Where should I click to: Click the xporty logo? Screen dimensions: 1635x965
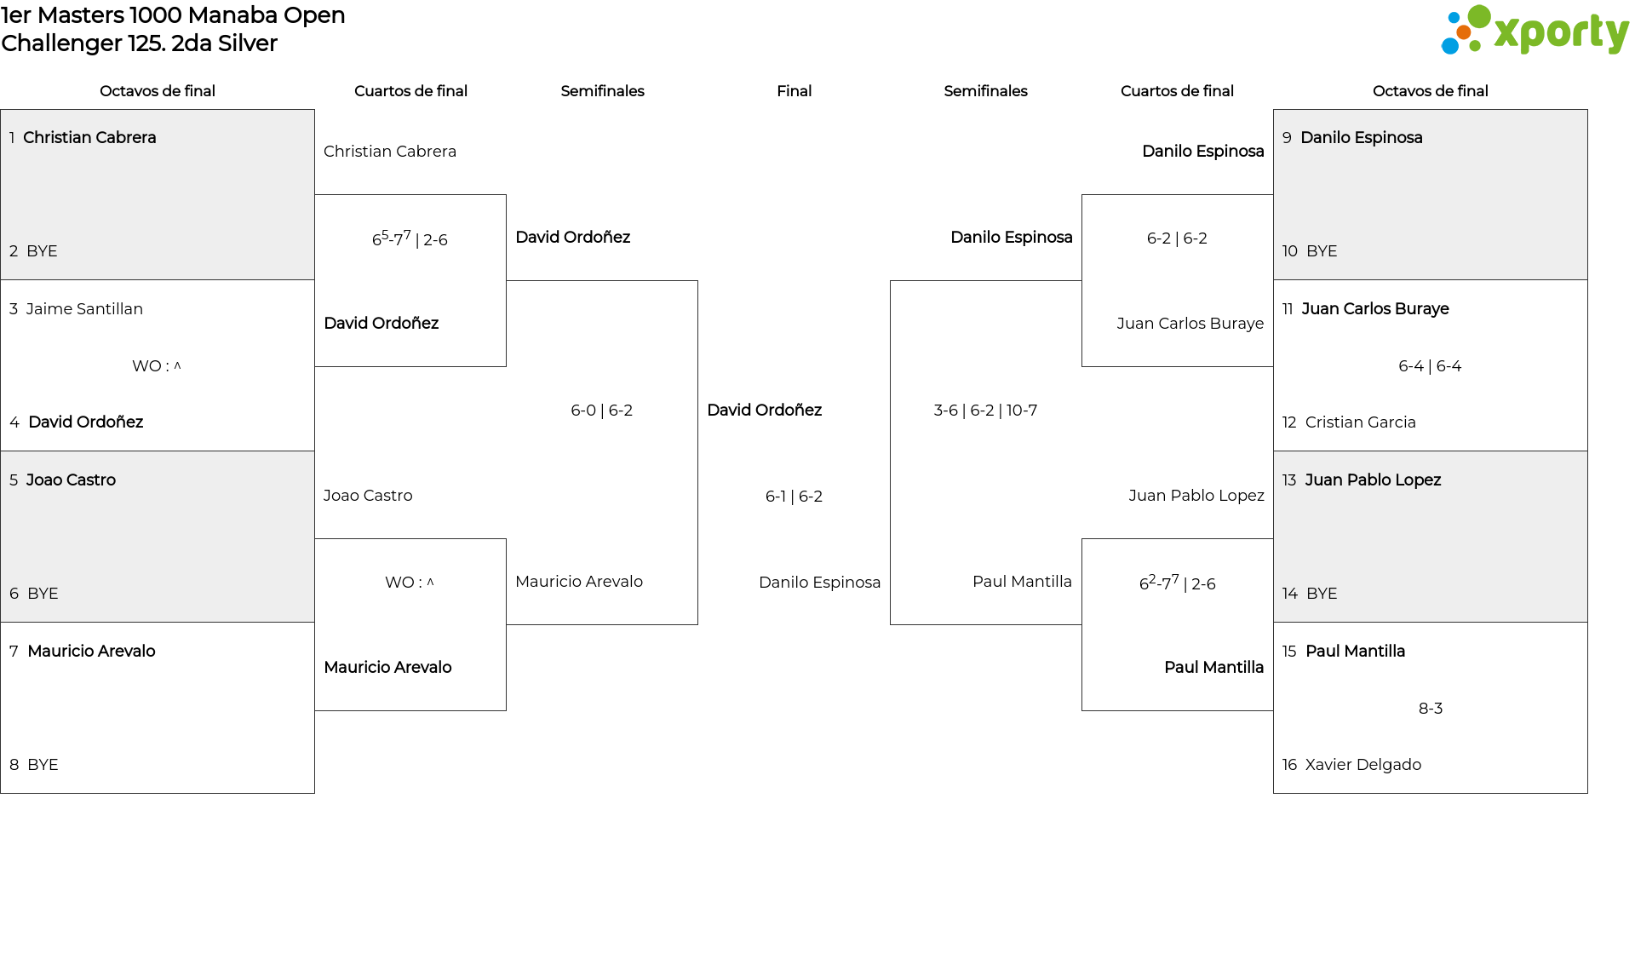1535,31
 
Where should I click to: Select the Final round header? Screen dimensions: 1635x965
794,91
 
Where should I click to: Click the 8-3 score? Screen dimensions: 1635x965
1431,708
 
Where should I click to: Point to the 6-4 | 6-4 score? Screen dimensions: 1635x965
1430,365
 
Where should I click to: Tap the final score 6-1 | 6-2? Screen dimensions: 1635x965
794,496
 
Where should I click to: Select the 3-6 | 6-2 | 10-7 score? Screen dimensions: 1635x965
985,410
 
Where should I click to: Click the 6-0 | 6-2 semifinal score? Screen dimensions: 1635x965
601,410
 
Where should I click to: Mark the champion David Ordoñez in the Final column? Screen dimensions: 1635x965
764,410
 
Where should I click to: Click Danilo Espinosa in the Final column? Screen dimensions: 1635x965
819,582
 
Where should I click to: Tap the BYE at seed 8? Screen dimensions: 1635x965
43,764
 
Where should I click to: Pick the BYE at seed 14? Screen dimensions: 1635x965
1322,593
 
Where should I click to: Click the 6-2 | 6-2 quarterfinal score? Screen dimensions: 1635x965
1177,238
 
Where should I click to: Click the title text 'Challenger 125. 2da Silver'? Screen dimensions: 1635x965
140,43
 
